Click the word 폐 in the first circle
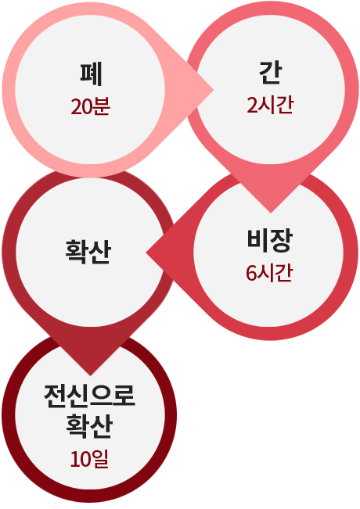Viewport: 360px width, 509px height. pos(92,74)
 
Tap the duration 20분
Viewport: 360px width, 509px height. pos(91,106)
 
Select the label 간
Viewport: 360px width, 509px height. pos(271,73)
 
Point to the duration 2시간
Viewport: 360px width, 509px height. pos(270,105)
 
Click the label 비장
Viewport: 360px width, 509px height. pos(270,241)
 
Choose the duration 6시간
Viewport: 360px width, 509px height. pos(269,273)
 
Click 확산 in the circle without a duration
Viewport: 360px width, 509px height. pos(88,252)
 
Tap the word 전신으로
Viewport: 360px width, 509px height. pos(89,396)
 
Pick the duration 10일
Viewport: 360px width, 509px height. pos(89,459)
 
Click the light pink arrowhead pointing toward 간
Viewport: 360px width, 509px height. pos(201,90)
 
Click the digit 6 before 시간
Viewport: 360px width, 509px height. pos(250,273)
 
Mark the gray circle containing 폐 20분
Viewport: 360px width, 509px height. pos(90,90)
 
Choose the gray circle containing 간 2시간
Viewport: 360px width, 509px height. pos(270,90)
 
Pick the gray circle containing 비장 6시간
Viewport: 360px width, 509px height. pos(268,252)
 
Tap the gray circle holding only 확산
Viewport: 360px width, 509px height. pos(90,253)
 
